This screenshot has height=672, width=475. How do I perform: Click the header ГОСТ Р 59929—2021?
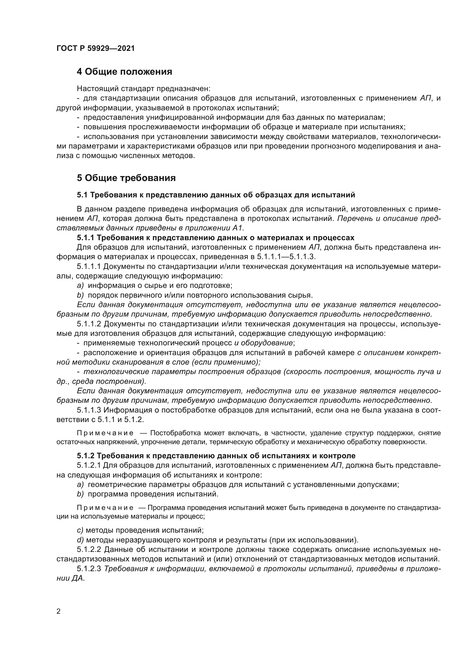(x=95, y=49)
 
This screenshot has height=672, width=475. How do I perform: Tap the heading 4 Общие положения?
(x=124, y=72)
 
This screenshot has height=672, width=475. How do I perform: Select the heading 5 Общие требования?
(x=126, y=178)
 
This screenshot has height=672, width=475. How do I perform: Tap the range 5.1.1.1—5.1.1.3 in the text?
(x=286, y=257)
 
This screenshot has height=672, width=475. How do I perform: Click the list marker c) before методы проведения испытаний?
(x=80, y=530)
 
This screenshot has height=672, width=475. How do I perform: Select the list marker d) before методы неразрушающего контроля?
(x=80, y=540)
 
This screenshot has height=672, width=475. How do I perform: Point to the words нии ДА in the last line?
(x=70, y=578)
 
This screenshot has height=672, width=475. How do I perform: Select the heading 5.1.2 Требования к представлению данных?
(x=216, y=456)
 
